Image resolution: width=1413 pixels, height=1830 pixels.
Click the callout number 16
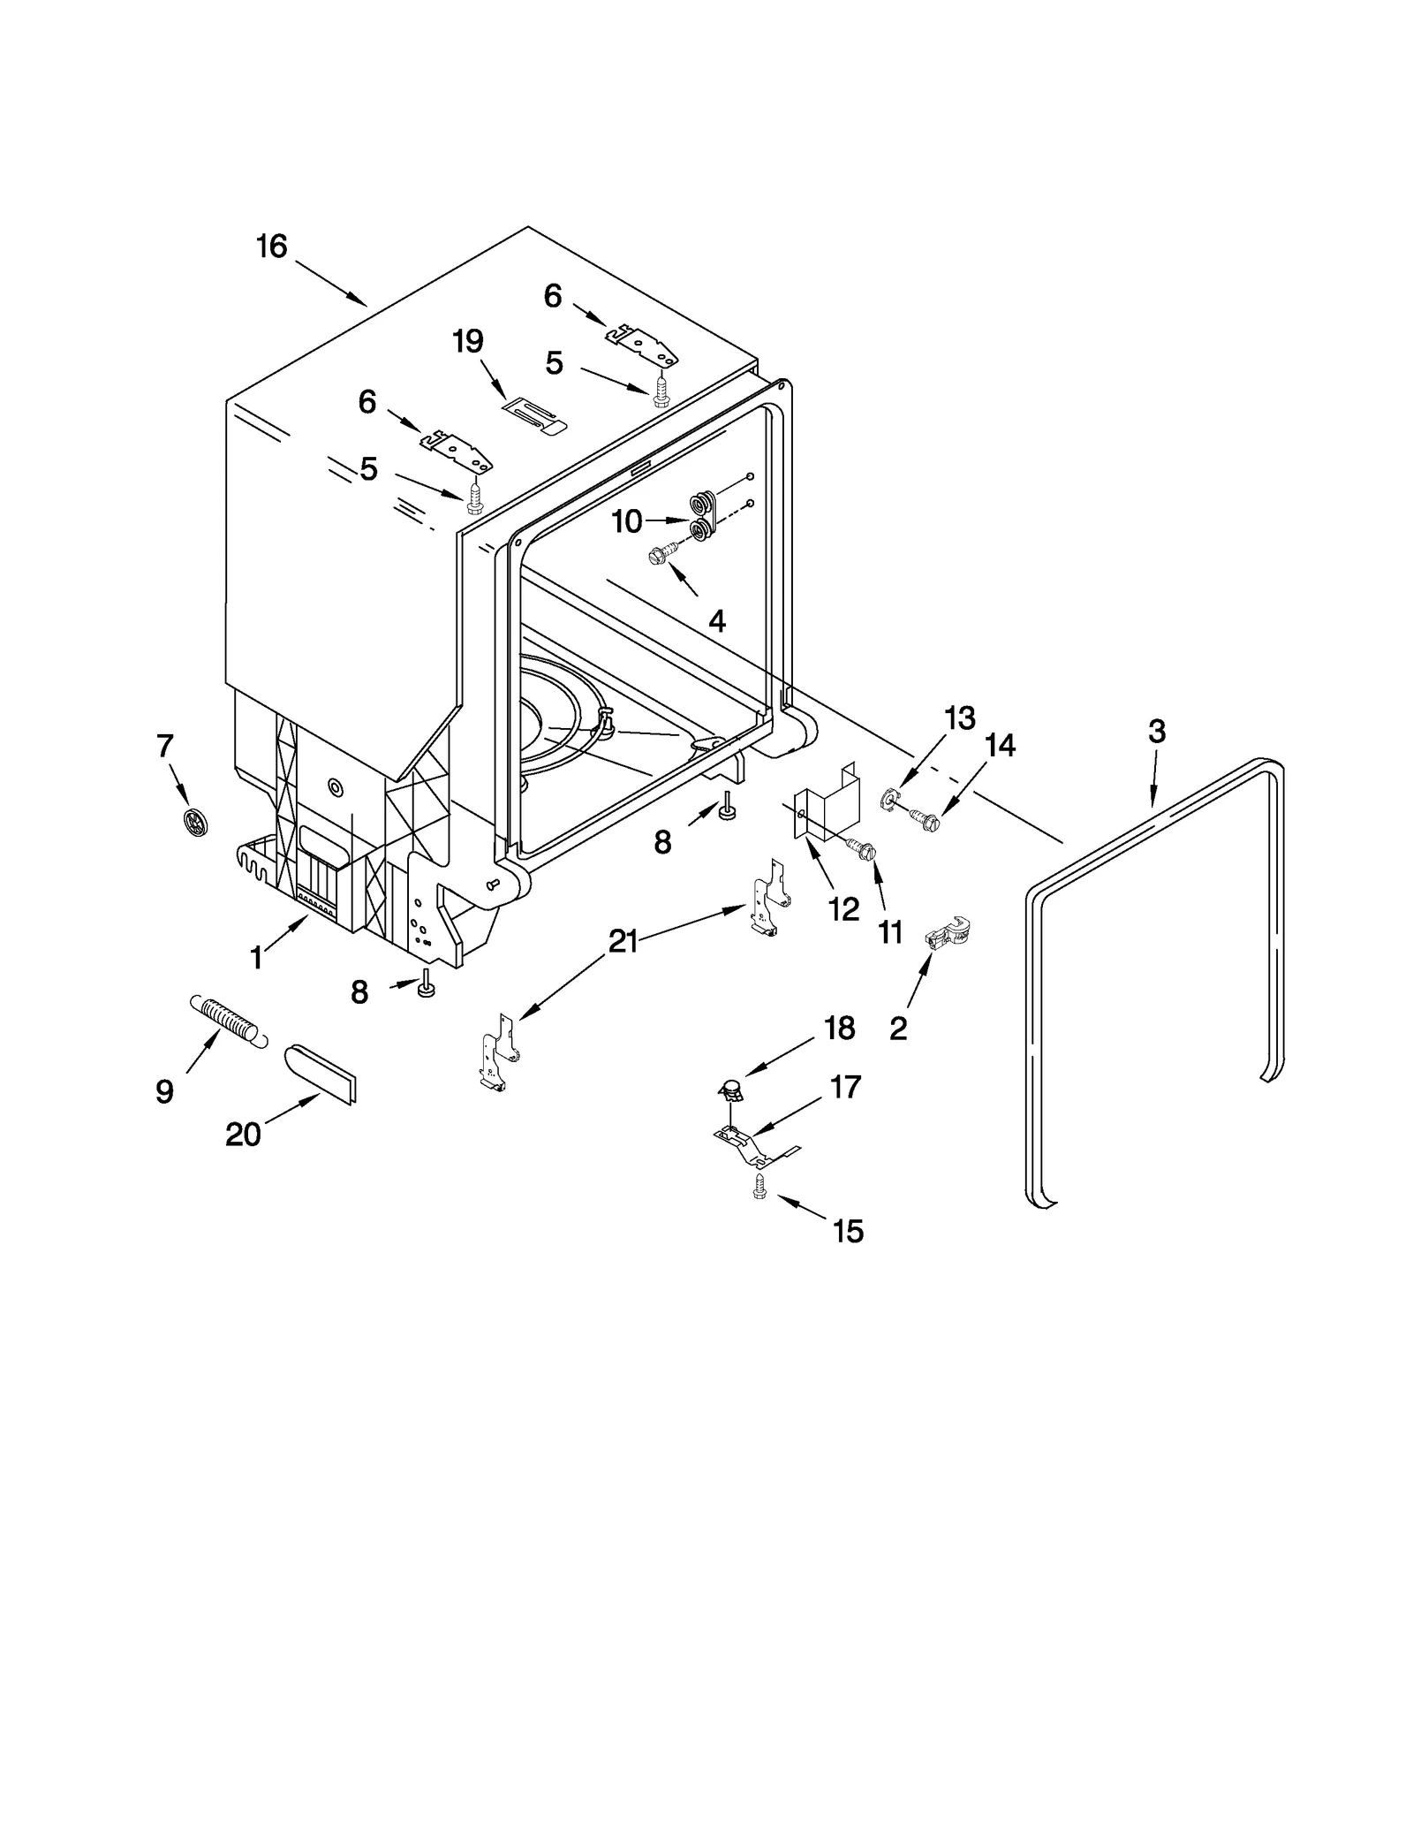point(271,247)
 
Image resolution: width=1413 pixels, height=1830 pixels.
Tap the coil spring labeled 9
point(226,1021)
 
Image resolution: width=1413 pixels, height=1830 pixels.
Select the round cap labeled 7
point(195,822)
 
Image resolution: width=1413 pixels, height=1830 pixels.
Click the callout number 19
point(468,341)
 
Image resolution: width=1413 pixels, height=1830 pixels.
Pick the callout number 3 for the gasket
point(1156,732)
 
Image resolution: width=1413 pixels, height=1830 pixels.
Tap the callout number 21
point(623,942)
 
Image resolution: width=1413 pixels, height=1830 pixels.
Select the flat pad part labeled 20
point(320,1074)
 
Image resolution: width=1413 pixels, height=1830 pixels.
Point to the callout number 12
point(843,909)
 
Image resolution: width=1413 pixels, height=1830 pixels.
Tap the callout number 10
point(626,522)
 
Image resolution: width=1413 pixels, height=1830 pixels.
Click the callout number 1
point(256,958)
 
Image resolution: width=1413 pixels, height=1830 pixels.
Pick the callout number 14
point(1000,746)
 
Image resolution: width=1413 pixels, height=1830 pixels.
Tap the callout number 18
point(839,1028)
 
